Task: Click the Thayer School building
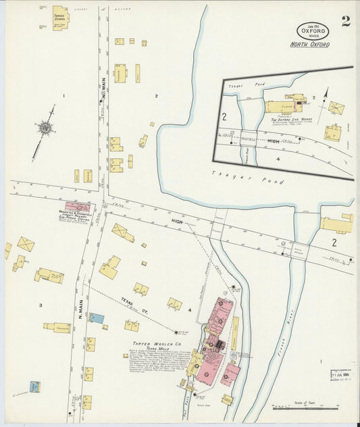click(59, 17)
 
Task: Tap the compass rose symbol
click(45, 127)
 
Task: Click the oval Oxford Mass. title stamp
click(313, 30)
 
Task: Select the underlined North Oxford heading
click(309, 45)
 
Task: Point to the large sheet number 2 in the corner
click(345, 21)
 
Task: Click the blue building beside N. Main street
click(97, 318)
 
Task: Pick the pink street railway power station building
click(77, 207)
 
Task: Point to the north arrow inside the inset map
click(326, 95)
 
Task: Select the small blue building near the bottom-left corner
click(34, 387)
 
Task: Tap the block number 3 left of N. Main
click(40, 305)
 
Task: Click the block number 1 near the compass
click(63, 96)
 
